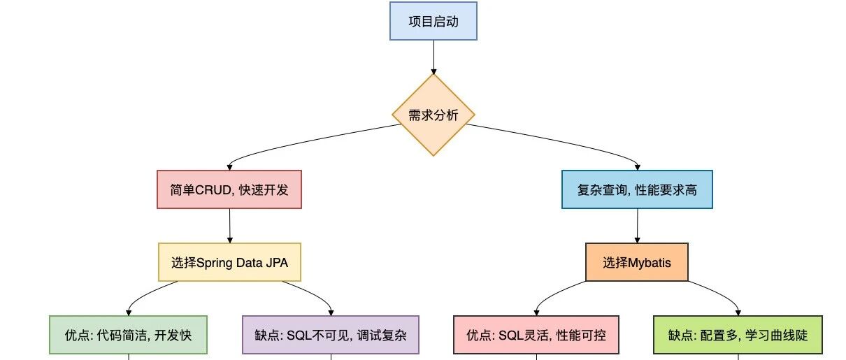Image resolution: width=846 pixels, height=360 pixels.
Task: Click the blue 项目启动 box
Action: coord(433,21)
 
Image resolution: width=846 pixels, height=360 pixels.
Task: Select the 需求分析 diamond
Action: coord(433,115)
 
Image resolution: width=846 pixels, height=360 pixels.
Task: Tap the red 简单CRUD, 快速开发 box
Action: coord(229,189)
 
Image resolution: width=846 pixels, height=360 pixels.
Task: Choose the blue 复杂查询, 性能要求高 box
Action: coord(637,189)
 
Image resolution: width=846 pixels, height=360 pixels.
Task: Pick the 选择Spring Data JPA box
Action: coord(229,262)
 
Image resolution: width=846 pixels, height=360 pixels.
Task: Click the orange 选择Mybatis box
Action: coord(637,262)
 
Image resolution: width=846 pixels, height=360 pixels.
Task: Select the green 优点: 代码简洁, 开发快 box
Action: coord(129,335)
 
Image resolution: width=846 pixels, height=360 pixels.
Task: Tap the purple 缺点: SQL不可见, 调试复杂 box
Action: coord(331,335)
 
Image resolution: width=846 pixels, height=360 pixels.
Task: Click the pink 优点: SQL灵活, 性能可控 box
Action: coord(536,335)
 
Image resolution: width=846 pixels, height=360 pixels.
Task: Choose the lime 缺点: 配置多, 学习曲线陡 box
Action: coord(738,335)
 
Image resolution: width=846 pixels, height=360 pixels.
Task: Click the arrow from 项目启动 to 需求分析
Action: coord(433,57)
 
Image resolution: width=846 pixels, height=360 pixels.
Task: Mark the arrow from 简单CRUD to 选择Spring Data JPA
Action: coord(229,226)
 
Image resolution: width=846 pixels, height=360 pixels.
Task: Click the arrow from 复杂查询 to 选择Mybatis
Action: coord(637,226)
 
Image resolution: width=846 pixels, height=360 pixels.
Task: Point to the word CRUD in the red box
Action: coord(213,189)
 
